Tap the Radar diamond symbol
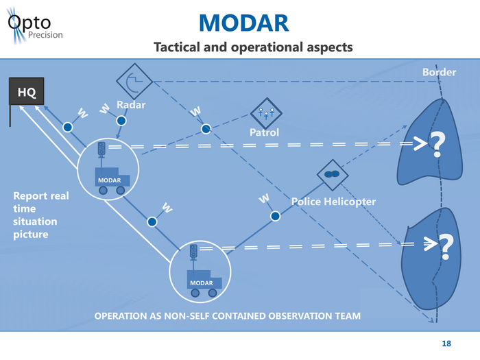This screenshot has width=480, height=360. point(134,80)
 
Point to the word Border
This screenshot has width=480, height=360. point(439,73)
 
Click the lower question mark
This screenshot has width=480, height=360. point(446,248)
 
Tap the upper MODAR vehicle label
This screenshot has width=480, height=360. point(110,180)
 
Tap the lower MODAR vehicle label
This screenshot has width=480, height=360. point(202,283)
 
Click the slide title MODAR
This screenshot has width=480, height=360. point(243,23)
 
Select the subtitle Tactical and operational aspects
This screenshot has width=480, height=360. point(253,47)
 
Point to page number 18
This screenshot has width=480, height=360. point(447,343)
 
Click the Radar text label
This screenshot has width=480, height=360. point(131,105)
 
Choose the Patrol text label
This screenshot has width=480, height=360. point(264,132)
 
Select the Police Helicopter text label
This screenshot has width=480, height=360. point(333,202)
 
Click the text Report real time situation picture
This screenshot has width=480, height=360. point(41,215)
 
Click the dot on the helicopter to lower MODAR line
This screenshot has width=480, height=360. point(275,216)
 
